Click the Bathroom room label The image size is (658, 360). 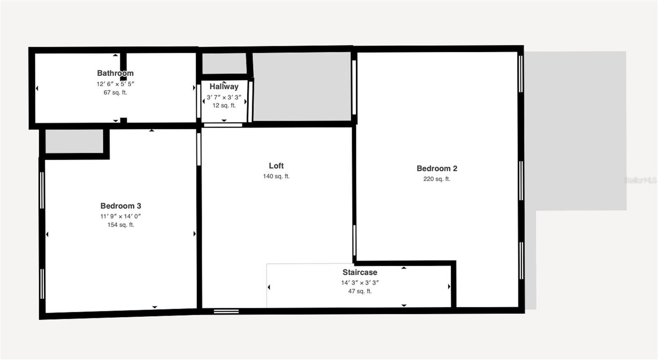115,73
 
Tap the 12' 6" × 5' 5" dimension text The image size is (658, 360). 115,84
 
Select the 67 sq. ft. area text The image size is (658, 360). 115,93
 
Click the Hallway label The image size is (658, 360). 224,87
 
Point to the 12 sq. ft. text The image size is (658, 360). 224,106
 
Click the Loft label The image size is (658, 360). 276,166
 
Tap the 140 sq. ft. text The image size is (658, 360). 276,177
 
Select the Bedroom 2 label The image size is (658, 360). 437,169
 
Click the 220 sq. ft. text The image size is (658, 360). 437,179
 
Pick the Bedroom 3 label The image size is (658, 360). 120,206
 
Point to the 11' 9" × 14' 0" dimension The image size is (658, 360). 120,216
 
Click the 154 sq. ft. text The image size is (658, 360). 120,225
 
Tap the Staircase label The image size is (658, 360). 360,272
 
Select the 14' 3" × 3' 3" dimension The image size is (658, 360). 360,283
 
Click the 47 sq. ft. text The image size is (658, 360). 360,291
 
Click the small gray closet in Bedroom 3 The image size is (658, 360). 74,141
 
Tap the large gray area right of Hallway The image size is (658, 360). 301,86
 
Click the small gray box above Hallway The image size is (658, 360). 224,63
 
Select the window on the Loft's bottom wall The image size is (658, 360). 226,311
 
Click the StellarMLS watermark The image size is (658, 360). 640,180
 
